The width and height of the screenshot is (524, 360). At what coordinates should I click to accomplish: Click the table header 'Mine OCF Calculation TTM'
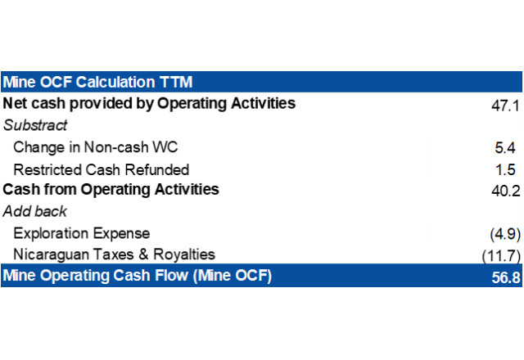tap(97, 82)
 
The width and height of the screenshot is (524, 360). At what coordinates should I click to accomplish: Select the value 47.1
tap(505, 106)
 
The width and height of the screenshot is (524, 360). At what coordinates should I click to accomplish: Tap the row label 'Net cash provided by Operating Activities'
tap(149, 104)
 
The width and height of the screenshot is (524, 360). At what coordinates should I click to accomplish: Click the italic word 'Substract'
tap(35, 125)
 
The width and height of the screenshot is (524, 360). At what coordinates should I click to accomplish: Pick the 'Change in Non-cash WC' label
tap(96, 147)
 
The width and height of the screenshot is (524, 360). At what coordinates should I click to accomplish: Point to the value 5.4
tap(505, 147)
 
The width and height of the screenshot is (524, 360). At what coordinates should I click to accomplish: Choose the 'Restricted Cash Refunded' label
tap(102, 169)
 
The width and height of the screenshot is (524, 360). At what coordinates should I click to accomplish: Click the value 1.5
tap(505, 169)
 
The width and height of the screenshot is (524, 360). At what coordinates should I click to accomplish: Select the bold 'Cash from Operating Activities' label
tap(111, 190)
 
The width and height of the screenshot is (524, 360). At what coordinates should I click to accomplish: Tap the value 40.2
tap(506, 191)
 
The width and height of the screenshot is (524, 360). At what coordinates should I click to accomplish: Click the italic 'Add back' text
tap(34, 211)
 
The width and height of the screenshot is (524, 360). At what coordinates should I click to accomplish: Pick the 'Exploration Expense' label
tap(82, 233)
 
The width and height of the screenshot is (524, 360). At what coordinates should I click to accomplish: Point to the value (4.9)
tap(505, 234)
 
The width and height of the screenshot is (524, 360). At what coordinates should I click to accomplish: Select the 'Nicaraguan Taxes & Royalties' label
tap(115, 254)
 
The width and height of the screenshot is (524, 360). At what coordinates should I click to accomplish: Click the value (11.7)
tap(501, 256)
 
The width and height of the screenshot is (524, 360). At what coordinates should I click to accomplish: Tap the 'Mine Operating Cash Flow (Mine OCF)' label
tap(137, 276)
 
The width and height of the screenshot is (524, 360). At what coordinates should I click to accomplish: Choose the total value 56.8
tap(506, 277)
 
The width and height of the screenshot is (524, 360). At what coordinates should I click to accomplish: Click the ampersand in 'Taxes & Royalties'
tap(143, 254)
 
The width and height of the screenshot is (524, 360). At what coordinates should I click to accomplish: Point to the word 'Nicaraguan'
tap(51, 255)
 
